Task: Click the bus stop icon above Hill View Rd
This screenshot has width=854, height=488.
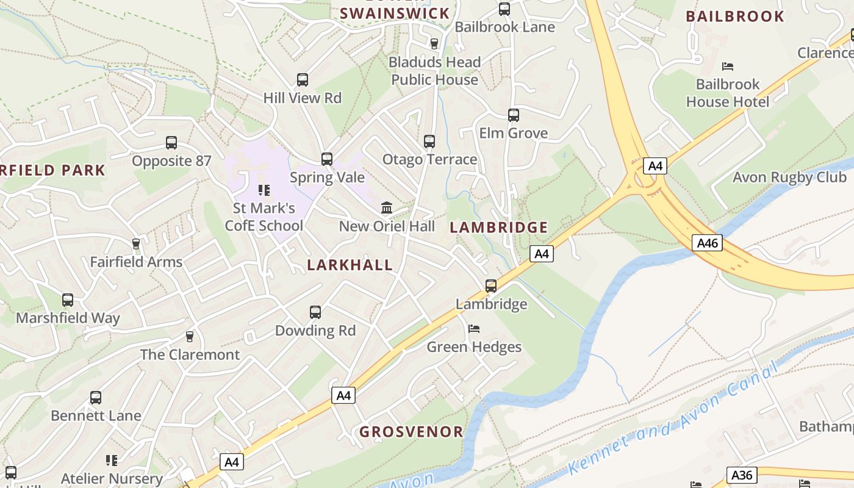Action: tap(303, 80)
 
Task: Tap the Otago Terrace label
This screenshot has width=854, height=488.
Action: tap(429, 160)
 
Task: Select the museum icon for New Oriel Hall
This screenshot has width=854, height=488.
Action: tap(387, 208)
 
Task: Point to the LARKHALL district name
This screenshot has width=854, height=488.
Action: tap(350, 265)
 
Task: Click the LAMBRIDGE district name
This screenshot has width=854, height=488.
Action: tap(499, 228)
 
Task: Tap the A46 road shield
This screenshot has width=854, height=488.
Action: tap(708, 243)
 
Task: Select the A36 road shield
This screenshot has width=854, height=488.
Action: tap(742, 475)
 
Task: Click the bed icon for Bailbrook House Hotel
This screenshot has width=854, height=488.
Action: tap(727, 66)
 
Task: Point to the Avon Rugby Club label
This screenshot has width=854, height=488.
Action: tap(789, 178)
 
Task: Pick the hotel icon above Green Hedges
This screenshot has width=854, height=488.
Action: tap(474, 329)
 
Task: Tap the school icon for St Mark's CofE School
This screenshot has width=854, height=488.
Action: tap(264, 190)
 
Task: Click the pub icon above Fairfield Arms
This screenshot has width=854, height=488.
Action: tap(136, 244)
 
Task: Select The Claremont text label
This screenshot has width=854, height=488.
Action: tap(190, 354)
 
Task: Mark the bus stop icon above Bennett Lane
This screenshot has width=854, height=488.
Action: tap(96, 398)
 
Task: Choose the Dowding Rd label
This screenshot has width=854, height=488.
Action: tap(315, 331)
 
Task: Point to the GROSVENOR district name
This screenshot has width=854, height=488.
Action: tap(411, 432)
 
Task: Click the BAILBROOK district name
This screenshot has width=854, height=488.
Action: tap(735, 16)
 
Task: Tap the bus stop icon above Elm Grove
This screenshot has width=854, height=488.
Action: tap(514, 115)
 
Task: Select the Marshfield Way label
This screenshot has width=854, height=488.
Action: tap(68, 318)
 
